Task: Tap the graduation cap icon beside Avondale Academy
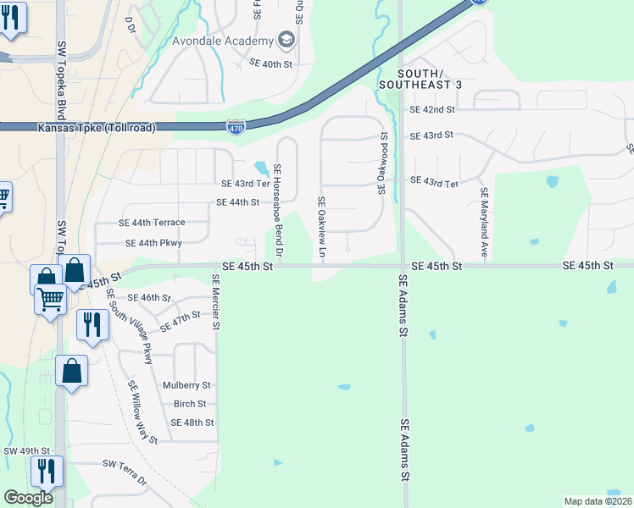pyautogui.click(x=286, y=41)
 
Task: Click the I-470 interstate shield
pyautogui.click(x=237, y=127)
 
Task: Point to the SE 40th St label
pyautogui.click(x=270, y=63)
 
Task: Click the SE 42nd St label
pyautogui.click(x=432, y=109)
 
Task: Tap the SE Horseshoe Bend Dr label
pyautogui.click(x=277, y=210)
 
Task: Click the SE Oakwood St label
pyautogui.click(x=383, y=164)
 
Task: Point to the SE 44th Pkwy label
pyautogui.click(x=153, y=243)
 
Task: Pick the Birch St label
pyautogui.click(x=190, y=404)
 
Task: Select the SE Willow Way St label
pyautogui.click(x=142, y=412)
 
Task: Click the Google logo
pyautogui.click(x=28, y=498)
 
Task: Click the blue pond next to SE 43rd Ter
pyautogui.click(x=260, y=167)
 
